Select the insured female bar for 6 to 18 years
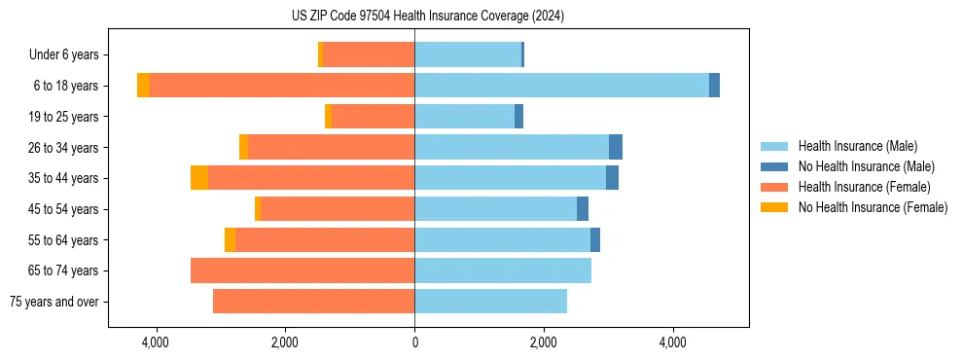[x=282, y=86]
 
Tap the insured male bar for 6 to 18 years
[x=561, y=86]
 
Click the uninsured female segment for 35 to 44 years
[x=199, y=178]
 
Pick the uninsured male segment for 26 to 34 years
[x=615, y=147]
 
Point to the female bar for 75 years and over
[x=313, y=302]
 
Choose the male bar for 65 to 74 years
[x=503, y=270]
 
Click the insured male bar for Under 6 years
[x=468, y=54]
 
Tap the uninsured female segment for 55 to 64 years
[x=230, y=239]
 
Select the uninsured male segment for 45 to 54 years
[x=582, y=209]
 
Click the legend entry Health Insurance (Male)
[x=857, y=146]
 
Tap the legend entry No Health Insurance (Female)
[x=873, y=207]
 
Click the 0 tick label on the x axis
[x=414, y=342]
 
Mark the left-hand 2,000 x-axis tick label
[x=285, y=342]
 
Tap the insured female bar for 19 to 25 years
[x=373, y=117]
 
